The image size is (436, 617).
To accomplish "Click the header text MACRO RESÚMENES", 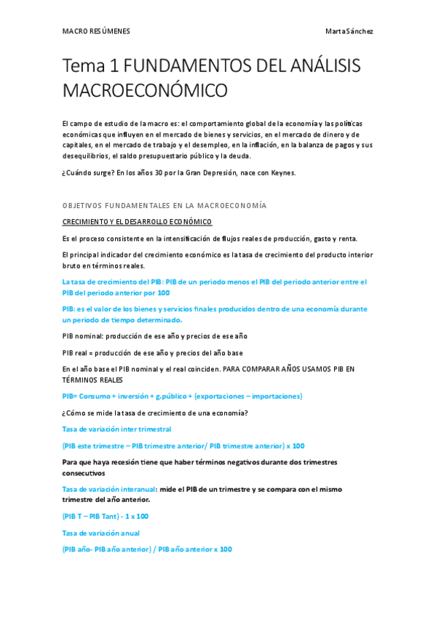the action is coord(96,31).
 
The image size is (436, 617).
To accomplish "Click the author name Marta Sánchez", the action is coord(349,31).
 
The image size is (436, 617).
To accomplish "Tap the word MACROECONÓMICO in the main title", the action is coord(145,91).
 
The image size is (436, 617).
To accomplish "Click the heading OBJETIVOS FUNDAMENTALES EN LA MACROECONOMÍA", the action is coord(165,206).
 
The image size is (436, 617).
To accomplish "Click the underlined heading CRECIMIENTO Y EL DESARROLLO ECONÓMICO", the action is coord(137,221).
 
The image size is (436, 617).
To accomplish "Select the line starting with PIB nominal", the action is coord(155,336).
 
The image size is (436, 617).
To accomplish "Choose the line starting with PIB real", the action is coord(152,353).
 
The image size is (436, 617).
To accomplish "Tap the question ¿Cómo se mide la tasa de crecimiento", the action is coord(155,413).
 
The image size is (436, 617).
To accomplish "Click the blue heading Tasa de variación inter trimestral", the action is coord(116,429).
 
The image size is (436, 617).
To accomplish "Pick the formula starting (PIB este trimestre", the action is coord(183,446).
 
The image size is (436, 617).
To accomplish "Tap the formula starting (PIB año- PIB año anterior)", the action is coord(147,549).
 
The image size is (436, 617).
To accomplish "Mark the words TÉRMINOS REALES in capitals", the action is coord(92,380).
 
